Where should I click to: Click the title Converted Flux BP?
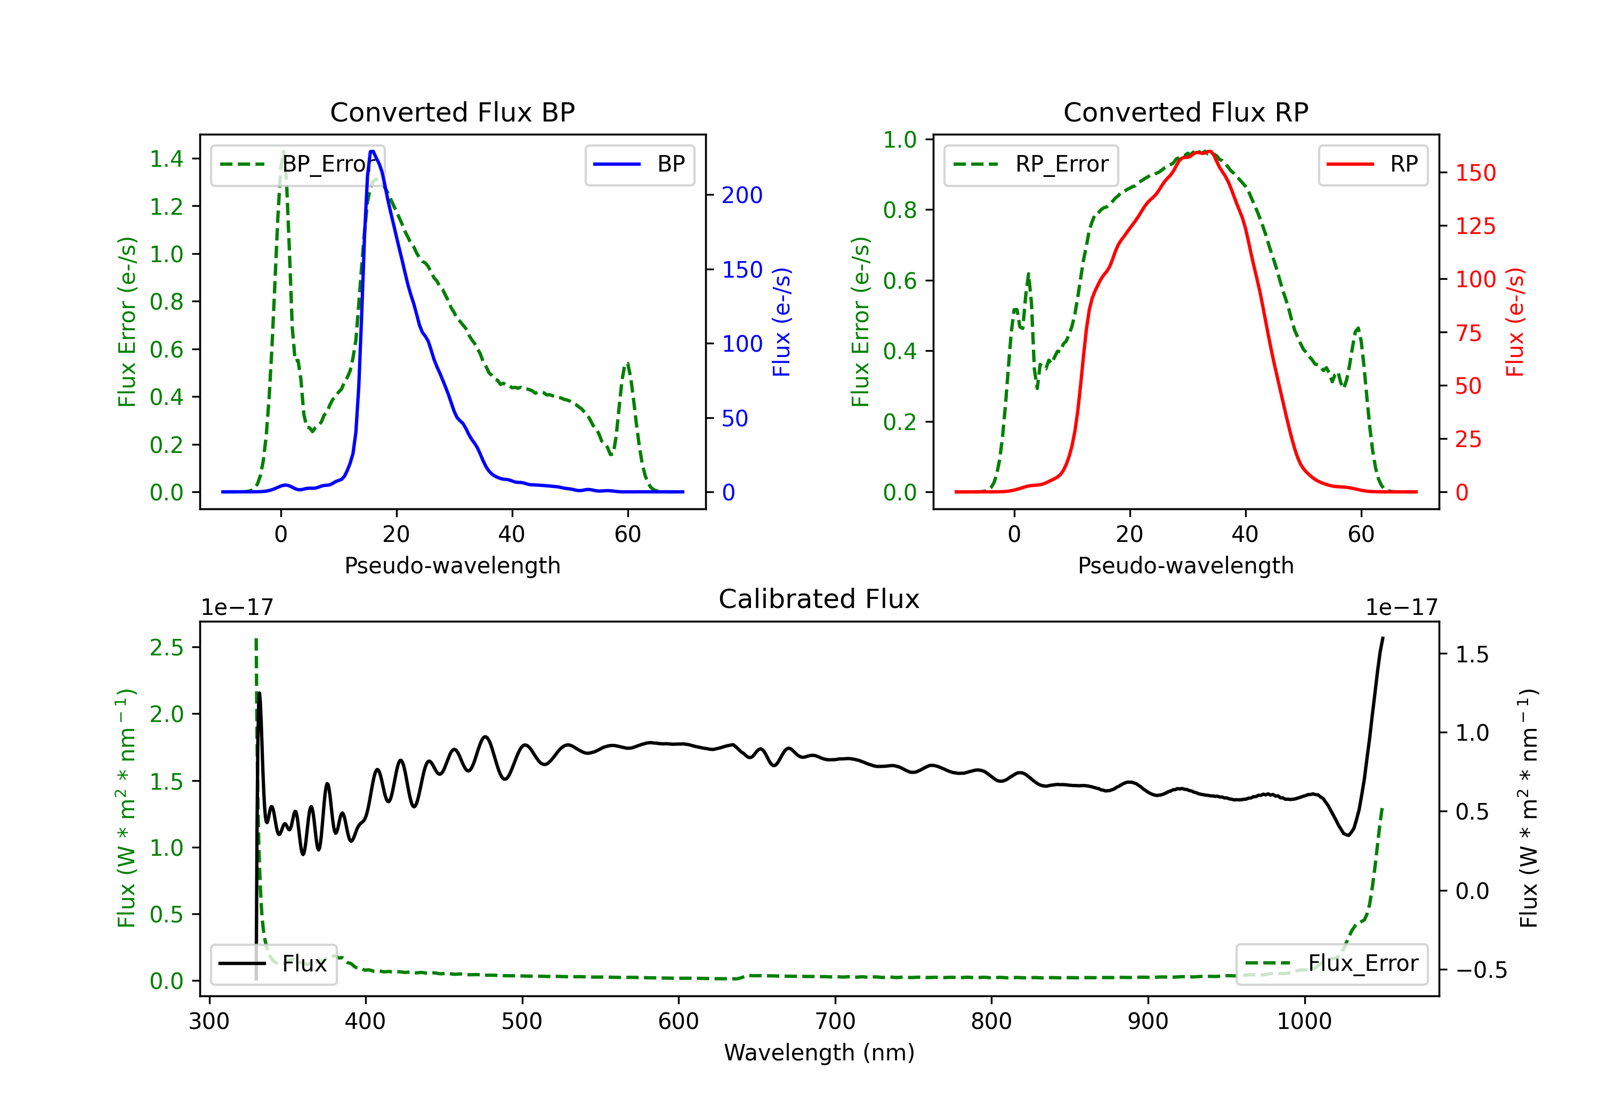coord(452,112)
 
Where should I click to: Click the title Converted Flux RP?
coord(1185,112)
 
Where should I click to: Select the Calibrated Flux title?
coord(819,599)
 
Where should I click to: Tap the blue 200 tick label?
coord(742,196)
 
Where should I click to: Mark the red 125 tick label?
coord(1475,226)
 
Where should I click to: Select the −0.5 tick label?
coord(1481,970)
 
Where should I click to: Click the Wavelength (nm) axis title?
coord(819,1052)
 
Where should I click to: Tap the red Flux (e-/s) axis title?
coord(1515,322)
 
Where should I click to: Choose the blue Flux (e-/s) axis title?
coord(781,322)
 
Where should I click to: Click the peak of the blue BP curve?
coord(373,151)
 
